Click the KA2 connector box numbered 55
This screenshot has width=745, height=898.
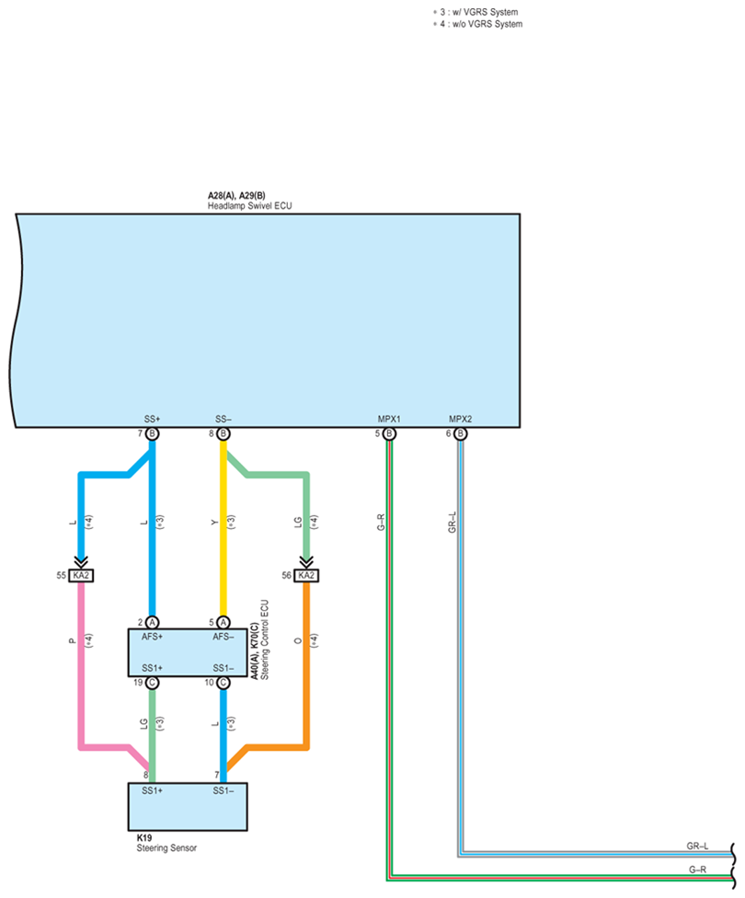(x=81, y=575)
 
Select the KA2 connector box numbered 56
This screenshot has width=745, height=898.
(x=306, y=575)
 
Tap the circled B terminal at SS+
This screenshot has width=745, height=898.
(x=153, y=434)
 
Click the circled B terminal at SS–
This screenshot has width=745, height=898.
(x=223, y=434)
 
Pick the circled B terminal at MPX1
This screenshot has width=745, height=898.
(x=389, y=434)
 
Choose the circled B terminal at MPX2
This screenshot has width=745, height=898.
(x=461, y=434)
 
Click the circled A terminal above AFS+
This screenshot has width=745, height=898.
(x=153, y=623)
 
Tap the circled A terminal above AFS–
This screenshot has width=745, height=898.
(x=223, y=623)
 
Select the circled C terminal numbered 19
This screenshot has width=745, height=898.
(x=153, y=683)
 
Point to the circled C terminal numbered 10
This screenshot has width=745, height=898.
(x=223, y=683)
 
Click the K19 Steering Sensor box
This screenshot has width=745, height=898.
(x=188, y=806)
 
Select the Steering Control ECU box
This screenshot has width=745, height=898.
(x=188, y=652)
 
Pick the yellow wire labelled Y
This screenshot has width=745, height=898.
(x=223, y=528)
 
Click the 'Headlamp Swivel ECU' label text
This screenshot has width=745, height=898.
(x=249, y=206)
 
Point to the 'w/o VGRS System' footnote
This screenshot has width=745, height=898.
(x=487, y=24)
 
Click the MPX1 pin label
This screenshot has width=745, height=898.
(x=389, y=420)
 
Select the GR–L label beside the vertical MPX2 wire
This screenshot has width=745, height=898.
(x=453, y=523)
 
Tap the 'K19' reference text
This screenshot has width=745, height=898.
(x=144, y=838)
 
